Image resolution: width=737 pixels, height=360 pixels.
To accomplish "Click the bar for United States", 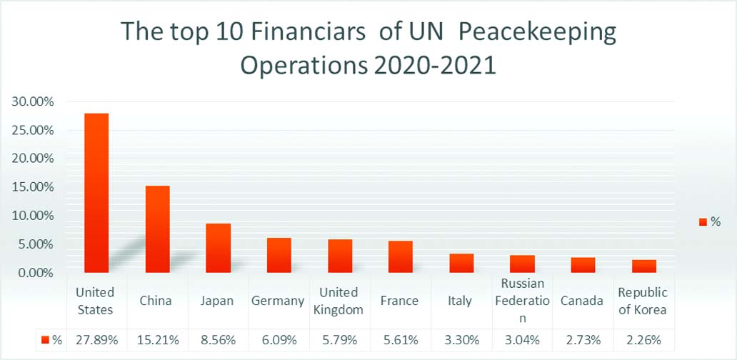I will coord(96,193).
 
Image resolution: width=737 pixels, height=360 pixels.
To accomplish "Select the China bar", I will coord(157,229).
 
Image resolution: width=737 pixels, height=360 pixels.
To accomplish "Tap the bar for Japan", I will coord(218,248).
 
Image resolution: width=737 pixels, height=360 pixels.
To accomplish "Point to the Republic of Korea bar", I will coord(644,266).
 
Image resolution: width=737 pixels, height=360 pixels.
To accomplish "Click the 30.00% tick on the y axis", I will coord(33,101).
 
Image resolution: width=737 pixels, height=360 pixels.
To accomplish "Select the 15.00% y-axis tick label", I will coord(33,187).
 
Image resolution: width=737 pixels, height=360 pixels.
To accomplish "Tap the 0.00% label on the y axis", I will coord(36,273).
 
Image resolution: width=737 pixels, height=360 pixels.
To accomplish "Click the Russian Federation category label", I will coord(522,301).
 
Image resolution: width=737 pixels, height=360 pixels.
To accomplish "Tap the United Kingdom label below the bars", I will coord(339,301).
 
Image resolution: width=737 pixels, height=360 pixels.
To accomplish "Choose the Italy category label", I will coord(460,301).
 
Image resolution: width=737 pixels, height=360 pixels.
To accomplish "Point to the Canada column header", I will coord(582,301).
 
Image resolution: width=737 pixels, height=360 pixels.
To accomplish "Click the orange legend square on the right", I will coord(703,223).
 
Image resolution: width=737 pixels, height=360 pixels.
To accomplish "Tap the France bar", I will coord(401,256).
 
